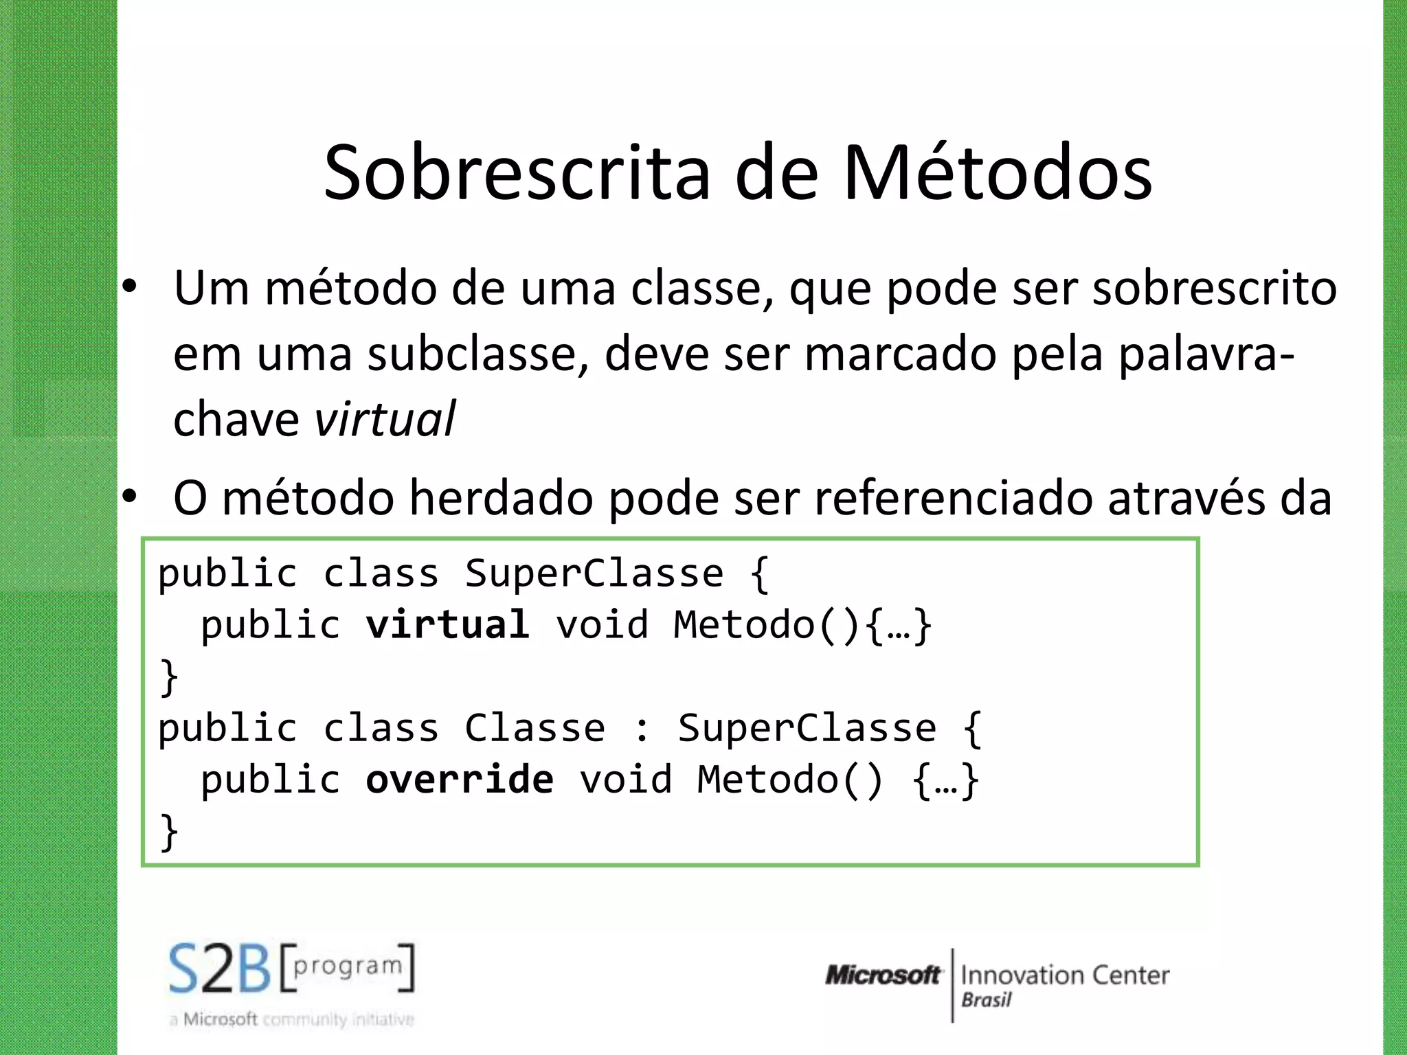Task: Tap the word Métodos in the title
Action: click(x=998, y=173)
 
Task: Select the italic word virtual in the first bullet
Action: click(x=385, y=419)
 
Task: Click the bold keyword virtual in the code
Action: click(x=447, y=624)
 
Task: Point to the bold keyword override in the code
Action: click(x=459, y=780)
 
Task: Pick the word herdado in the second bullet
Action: click(x=501, y=497)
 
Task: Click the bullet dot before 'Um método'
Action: click(x=130, y=288)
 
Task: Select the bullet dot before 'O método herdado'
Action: click(x=130, y=496)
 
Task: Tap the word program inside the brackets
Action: click(x=347, y=965)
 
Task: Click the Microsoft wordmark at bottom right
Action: click(x=883, y=975)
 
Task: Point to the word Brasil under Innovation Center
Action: click(x=986, y=1000)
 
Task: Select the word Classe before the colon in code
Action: click(x=534, y=728)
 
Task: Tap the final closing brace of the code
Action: click(x=168, y=832)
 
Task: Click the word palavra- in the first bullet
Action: click(x=1206, y=354)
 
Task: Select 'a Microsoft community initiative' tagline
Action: click(x=292, y=1019)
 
